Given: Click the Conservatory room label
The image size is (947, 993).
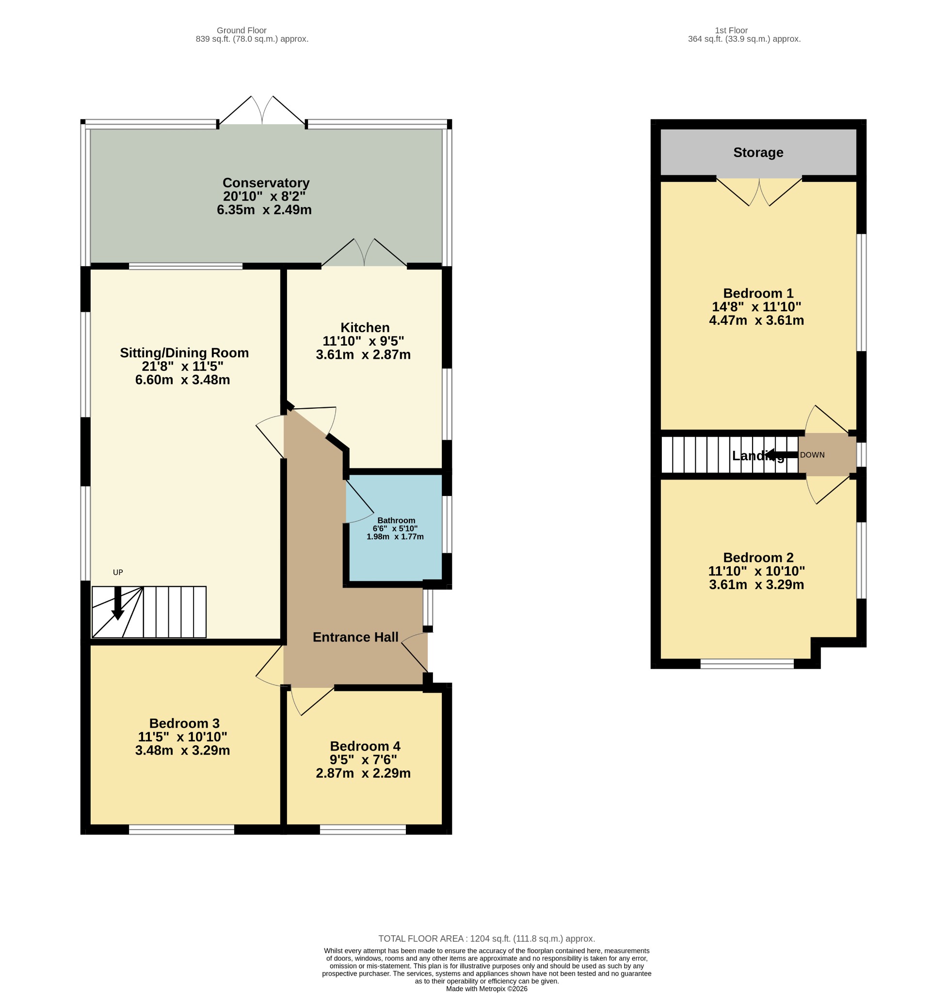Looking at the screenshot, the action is tap(266, 183).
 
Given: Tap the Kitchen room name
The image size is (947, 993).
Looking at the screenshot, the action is tap(365, 328).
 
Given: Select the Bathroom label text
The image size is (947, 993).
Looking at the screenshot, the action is tap(396, 520).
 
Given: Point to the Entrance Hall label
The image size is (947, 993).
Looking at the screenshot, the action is tap(355, 637).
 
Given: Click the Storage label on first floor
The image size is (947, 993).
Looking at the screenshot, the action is tap(758, 152).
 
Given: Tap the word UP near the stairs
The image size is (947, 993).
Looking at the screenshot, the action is tap(118, 573).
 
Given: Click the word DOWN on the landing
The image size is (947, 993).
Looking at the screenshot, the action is tap(812, 455).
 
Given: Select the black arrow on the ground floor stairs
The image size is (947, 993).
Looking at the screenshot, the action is tap(118, 603).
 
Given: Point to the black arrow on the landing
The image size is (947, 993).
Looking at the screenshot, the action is tap(782, 455).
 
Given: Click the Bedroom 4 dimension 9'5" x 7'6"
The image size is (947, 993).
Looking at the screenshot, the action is tap(364, 760).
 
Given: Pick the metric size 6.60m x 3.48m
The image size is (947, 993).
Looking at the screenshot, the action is tap(183, 380).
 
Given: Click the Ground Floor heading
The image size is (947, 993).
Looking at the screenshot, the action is tap(242, 30).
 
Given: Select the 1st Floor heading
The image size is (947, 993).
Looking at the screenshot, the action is tap(731, 30).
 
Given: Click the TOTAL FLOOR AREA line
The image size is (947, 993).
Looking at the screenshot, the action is tap(487, 939).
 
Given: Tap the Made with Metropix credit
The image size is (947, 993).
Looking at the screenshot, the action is tap(487, 989).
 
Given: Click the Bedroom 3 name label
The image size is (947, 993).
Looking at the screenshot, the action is tap(184, 723).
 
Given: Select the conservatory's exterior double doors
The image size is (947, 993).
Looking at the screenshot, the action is tap(262, 110).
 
